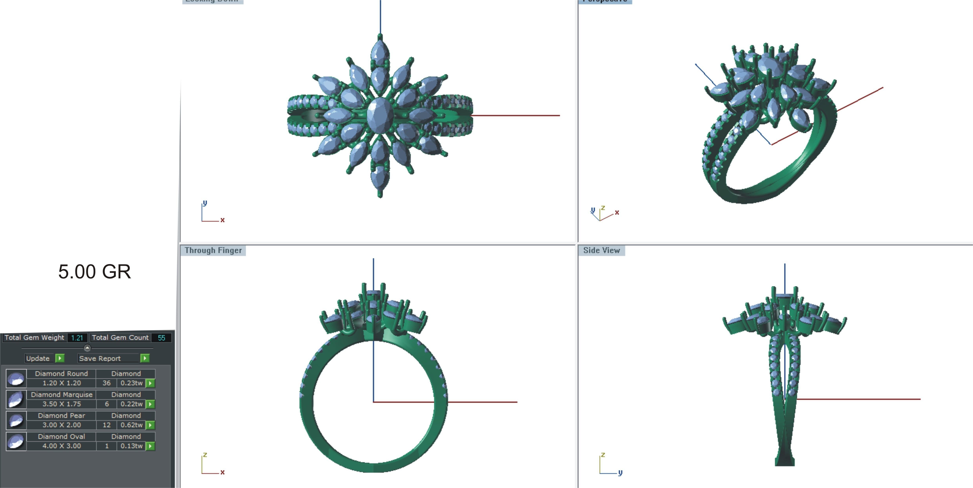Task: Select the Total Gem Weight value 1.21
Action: pos(77,338)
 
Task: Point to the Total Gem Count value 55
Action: pos(161,338)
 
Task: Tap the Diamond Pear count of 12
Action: pos(107,425)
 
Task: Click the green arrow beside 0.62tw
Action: pos(150,425)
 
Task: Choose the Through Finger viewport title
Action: pos(213,250)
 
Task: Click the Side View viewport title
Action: pos(601,250)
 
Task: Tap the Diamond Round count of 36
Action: pos(107,383)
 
